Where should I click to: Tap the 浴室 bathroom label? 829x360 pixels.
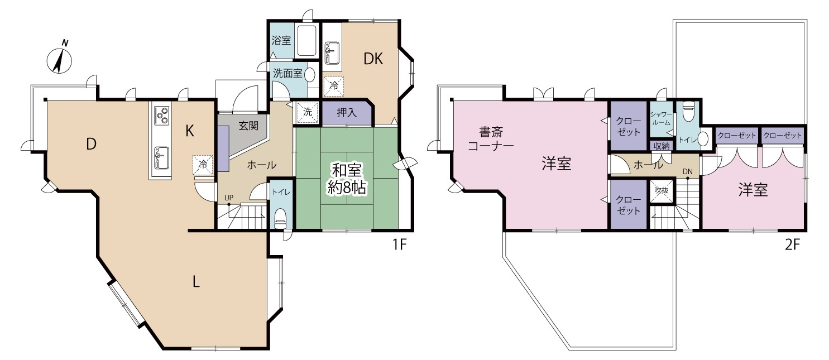(x=280, y=41)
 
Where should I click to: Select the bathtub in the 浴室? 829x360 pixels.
(x=307, y=41)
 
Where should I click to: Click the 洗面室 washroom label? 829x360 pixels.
(x=287, y=73)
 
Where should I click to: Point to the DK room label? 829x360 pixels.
(x=373, y=59)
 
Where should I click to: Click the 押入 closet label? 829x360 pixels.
(x=347, y=112)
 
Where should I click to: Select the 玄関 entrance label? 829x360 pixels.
(x=249, y=126)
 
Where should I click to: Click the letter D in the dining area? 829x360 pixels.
(x=92, y=145)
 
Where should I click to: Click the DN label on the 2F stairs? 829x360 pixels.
(x=687, y=171)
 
